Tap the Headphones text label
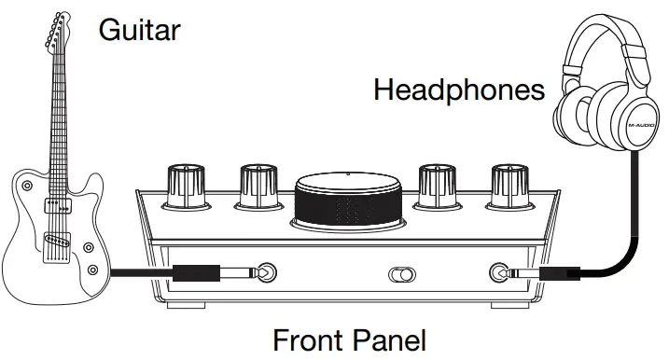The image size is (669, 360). (x=458, y=90)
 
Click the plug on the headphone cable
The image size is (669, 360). (x=550, y=273)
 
